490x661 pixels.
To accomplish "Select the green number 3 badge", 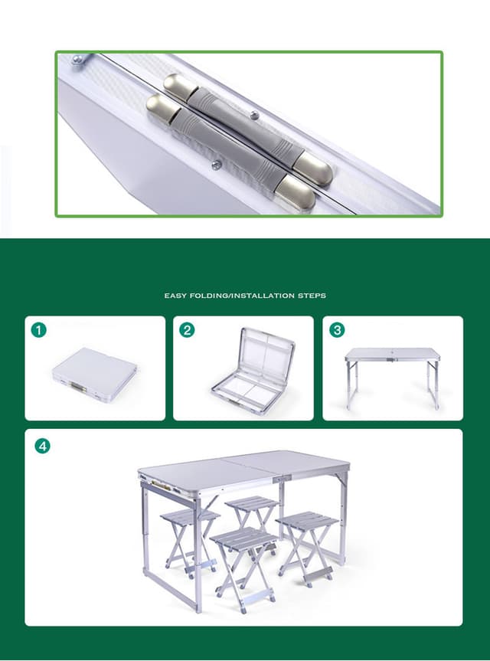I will coord(337,330).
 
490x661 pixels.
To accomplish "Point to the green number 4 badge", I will coord(43,445).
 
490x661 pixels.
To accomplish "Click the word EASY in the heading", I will coord(175,295).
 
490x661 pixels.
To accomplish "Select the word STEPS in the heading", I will coord(312,295).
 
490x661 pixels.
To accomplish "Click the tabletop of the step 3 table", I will coord(392,354).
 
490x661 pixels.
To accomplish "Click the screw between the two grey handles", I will coord(217,163).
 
